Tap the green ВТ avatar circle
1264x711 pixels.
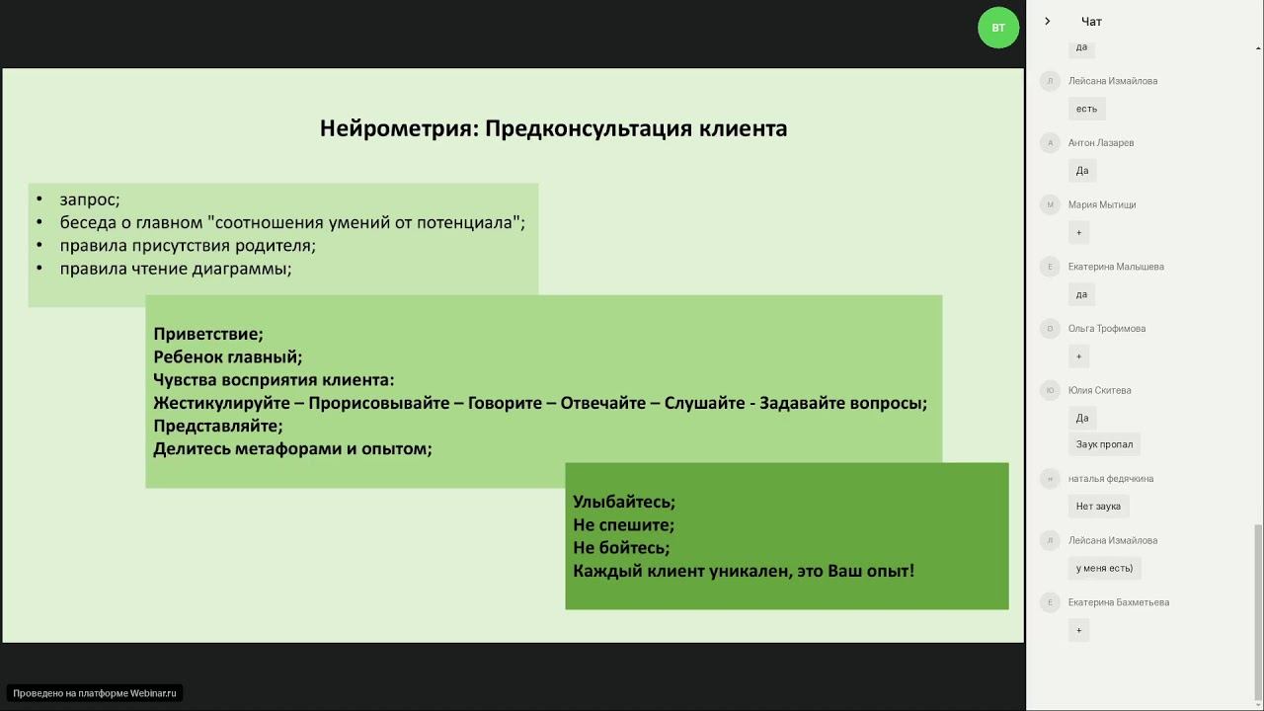coord(997,28)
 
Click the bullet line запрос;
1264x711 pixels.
coord(89,199)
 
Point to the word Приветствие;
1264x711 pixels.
coord(208,334)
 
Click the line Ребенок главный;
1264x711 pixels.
coord(227,356)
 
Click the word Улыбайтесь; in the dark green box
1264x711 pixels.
coord(624,502)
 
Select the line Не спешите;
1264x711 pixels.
coord(623,524)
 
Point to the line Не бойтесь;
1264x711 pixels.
coord(621,547)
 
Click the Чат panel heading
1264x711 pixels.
coord(1091,22)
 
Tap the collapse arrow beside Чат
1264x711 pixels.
coord(1048,22)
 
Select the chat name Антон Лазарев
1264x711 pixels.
coord(1100,143)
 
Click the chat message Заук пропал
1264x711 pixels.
coord(1104,444)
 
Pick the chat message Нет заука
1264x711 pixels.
coord(1098,507)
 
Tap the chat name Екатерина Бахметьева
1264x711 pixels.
coord(1118,602)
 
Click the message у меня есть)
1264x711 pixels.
coord(1104,568)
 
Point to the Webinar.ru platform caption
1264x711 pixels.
coord(95,693)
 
